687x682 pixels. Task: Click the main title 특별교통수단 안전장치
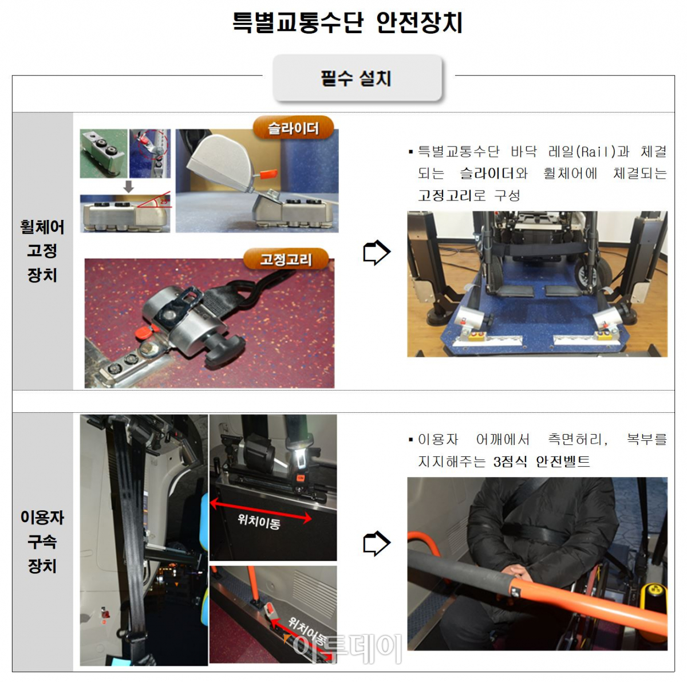pos(347,23)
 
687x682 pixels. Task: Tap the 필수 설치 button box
pos(357,78)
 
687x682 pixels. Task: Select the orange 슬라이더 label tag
pos(293,128)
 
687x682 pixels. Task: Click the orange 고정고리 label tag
pos(286,259)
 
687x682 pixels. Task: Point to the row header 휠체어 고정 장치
pos(42,251)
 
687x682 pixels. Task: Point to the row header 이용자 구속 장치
pos(42,542)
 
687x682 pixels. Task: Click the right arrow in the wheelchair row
pos(376,253)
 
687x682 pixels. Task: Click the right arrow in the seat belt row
pos(376,543)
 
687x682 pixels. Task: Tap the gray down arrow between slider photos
pos(129,186)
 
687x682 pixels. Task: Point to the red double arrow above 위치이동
pos(260,511)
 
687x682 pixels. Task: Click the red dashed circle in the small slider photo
pos(150,144)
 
